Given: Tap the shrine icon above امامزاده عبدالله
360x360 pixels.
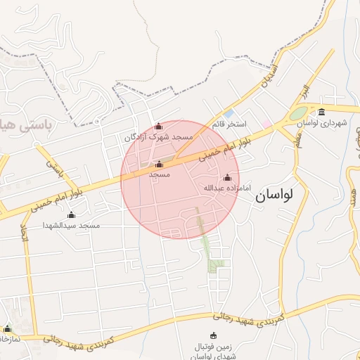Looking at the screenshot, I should (227, 177).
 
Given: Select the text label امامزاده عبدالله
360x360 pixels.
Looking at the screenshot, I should (226, 188).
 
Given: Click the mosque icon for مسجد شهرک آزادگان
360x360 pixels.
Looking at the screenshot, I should (158, 127).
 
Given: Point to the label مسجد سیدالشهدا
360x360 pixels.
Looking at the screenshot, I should (71, 225).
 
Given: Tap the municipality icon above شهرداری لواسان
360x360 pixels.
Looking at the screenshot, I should (321, 112).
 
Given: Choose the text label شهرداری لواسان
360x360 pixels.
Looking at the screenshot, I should (322, 122).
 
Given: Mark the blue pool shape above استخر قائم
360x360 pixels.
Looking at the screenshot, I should (228, 114).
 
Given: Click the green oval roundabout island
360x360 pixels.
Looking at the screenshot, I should (298, 112).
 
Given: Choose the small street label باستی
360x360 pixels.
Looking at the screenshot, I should (56, 168).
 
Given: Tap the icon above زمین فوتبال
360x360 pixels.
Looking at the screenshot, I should (214, 335).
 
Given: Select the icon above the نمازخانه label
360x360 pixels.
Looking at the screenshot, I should (8, 328).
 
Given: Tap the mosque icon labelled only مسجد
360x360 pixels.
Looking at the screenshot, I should (158, 165).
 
